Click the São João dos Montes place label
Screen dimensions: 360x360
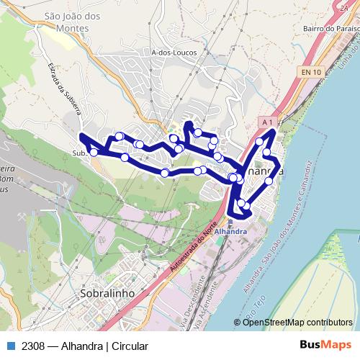(66, 21)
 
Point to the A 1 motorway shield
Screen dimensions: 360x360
(268, 122)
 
